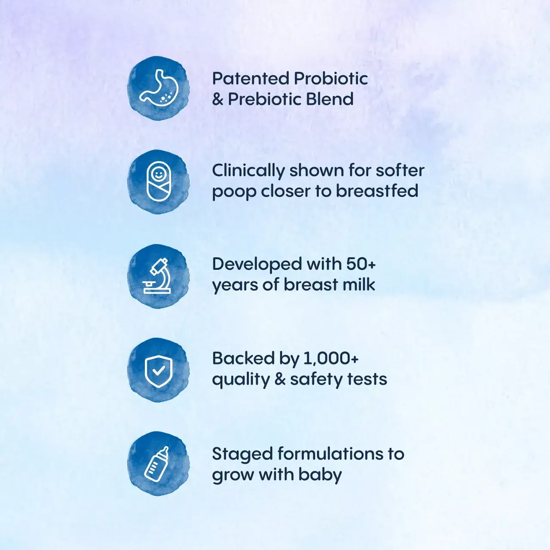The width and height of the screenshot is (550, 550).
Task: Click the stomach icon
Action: [159, 87]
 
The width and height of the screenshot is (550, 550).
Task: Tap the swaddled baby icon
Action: [159, 181]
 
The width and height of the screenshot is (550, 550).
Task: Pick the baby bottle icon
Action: [157, 464]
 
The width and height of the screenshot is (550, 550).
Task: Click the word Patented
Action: [250, 79]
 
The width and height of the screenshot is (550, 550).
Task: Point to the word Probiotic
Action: [331, 79]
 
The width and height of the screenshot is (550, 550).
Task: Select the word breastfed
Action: [377, 191]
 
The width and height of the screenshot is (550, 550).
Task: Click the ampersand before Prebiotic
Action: [217, 99]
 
